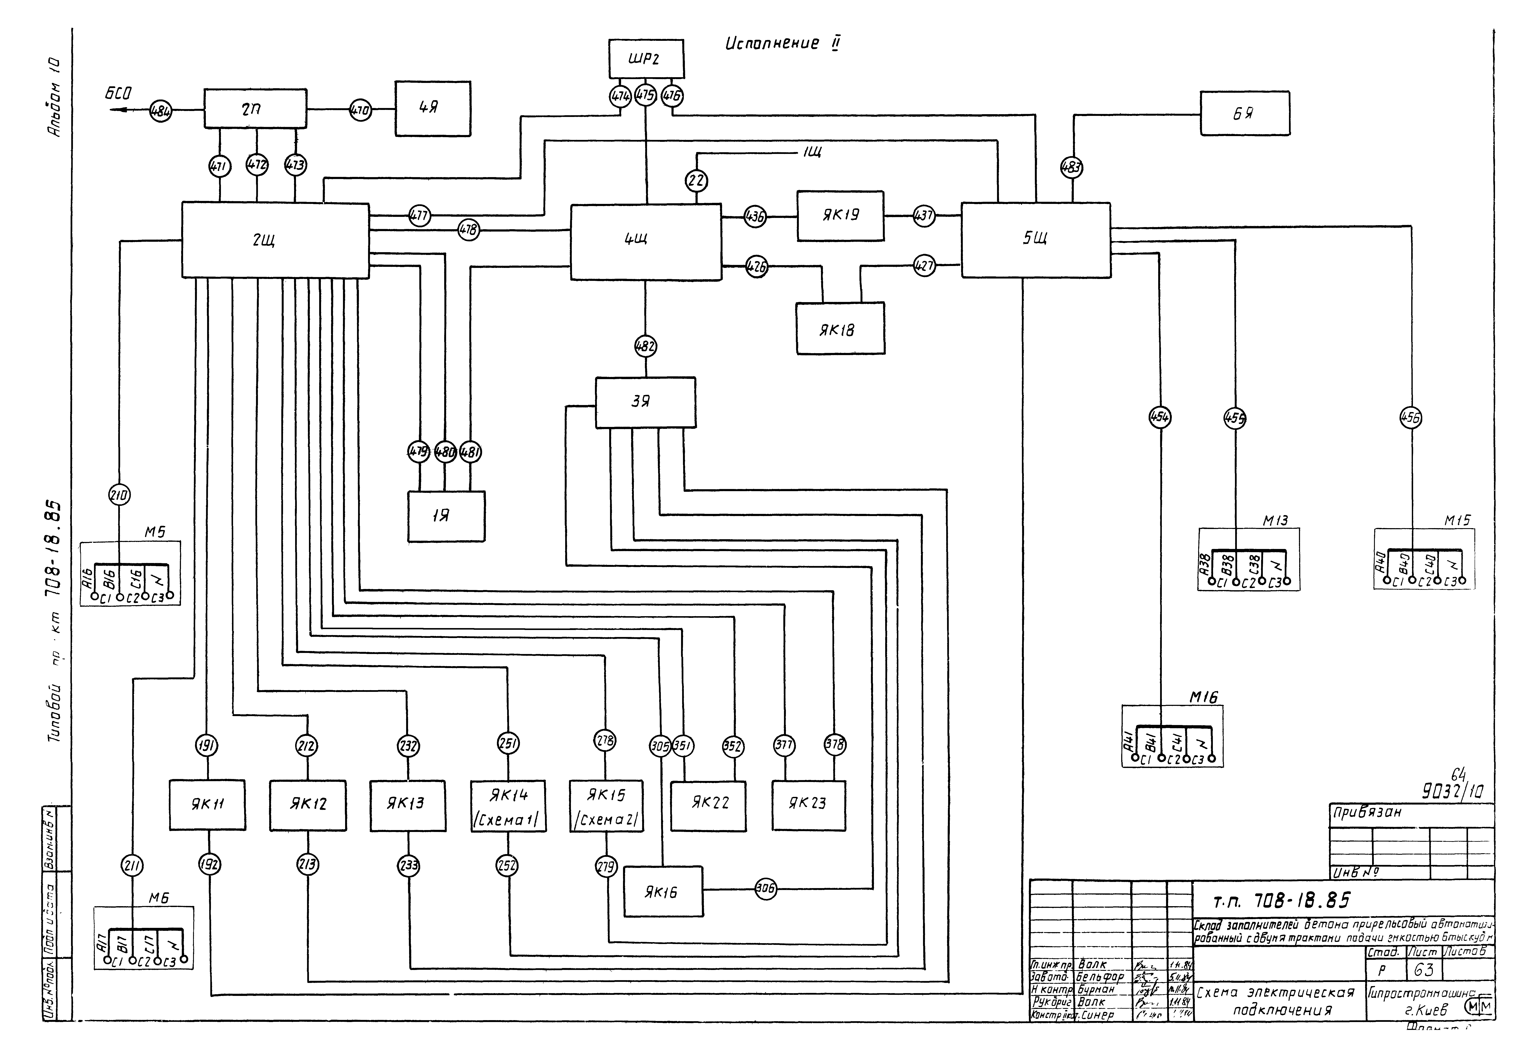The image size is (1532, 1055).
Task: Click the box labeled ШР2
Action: click(x=646, y=59)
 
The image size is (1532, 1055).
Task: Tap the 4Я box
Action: click(x=433, y=108)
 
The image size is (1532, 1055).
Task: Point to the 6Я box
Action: click(x=1245, y=114)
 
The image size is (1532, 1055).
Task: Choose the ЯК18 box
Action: click(x=840, y=328)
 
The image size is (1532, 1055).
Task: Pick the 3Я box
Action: click(x=645, y=402)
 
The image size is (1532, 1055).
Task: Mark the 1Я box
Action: click(x=446, y=516)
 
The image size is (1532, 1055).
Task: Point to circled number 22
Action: click(x=697, y=181)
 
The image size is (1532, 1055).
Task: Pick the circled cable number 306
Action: click(x=765, y=889)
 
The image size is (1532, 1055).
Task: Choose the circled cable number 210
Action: click(x=120, y=495)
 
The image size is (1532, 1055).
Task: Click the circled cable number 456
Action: click(x=1411, y=418)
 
